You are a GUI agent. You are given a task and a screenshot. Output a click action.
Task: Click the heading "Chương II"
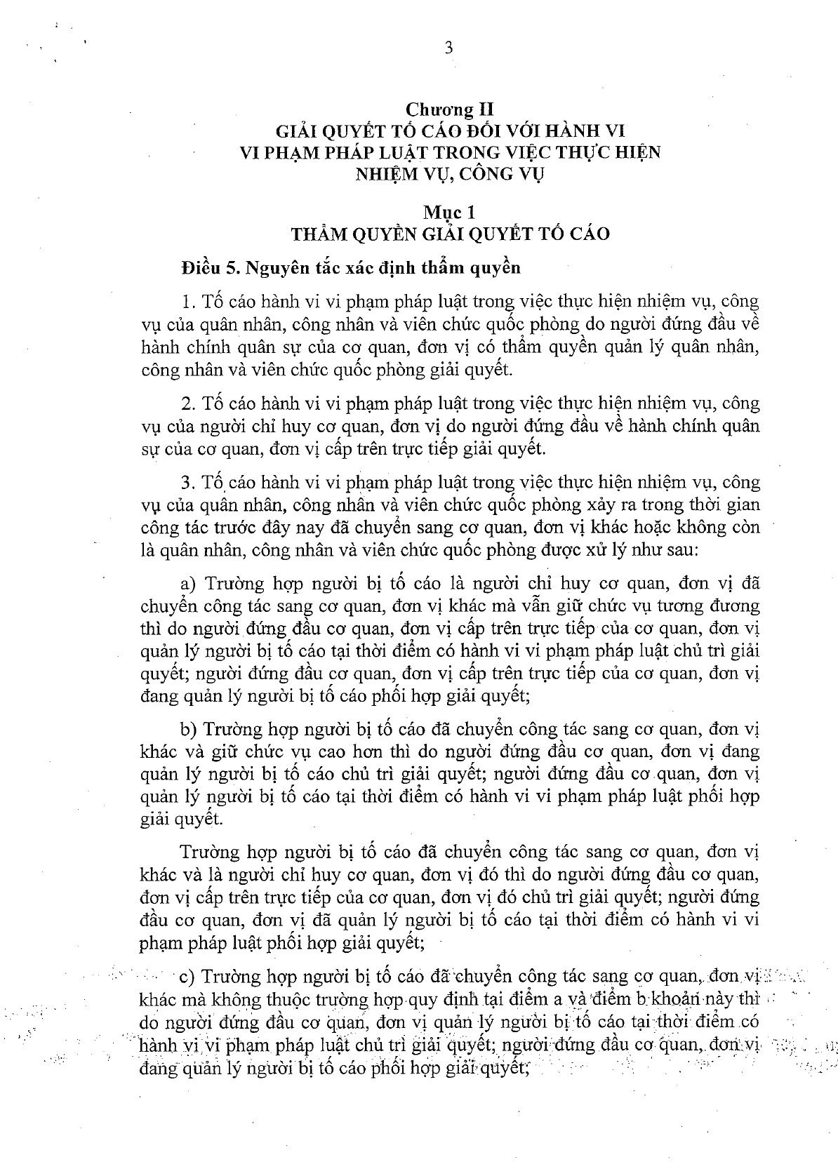coord(449,109)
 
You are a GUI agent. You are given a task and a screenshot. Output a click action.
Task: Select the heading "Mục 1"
coord(449,212)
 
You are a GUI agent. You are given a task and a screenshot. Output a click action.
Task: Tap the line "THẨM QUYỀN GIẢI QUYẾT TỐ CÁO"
coord(450,233)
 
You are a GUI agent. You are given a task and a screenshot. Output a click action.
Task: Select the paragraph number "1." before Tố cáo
coord(187,302)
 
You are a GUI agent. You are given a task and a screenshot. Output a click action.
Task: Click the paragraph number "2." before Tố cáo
coord(187,404)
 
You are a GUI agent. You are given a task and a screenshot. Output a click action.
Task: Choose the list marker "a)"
coord(187,584)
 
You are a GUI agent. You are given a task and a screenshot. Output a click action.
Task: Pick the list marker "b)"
coord(187,730)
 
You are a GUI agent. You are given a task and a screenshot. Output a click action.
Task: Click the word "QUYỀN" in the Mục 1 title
coord(390,233)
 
